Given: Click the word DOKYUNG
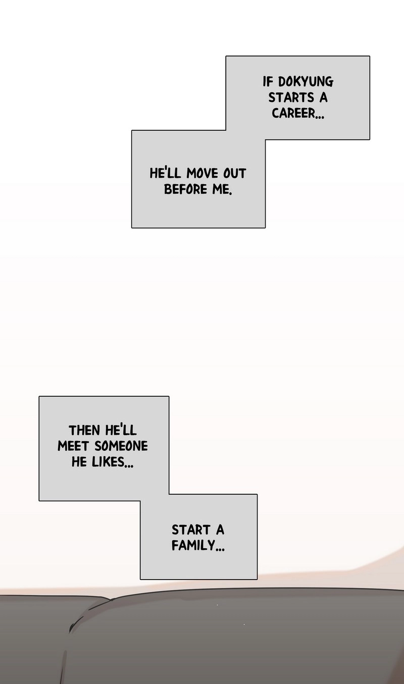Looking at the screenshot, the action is coord(306,82).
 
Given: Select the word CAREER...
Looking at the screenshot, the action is coord(293,113).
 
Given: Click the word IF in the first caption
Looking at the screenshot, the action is coord(267,82).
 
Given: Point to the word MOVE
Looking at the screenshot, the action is coord(203,174).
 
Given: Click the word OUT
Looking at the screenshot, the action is coord(234,174).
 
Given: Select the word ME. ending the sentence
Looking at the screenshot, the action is coord(222,189).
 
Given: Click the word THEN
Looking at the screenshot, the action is coord(84,431).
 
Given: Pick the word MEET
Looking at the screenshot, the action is coord(74,446).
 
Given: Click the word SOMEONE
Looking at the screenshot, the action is coord(121,446).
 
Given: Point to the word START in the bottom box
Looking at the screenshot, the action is coord(191,530).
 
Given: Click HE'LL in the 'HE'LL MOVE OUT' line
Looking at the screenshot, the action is coord(165,173).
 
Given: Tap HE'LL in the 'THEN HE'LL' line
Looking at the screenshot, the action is coord(121,430).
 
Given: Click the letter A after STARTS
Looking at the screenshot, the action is coord(324,98).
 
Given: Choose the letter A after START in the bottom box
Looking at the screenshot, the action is coord(220,530).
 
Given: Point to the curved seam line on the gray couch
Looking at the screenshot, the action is coord(88,610).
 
